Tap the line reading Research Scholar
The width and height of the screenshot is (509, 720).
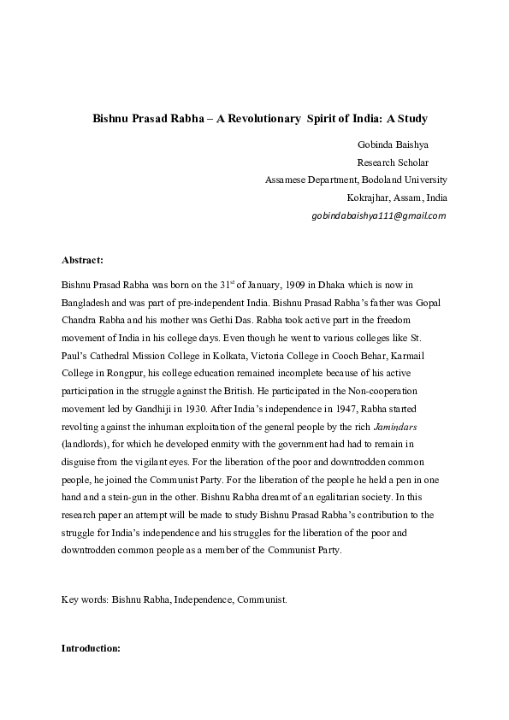(x=393, y=162)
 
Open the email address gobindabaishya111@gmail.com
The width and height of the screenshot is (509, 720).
(x=379, y=215)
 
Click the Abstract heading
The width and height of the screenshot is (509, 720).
(x=82, y=259)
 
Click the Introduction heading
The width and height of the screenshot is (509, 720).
(x=92, y=647)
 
